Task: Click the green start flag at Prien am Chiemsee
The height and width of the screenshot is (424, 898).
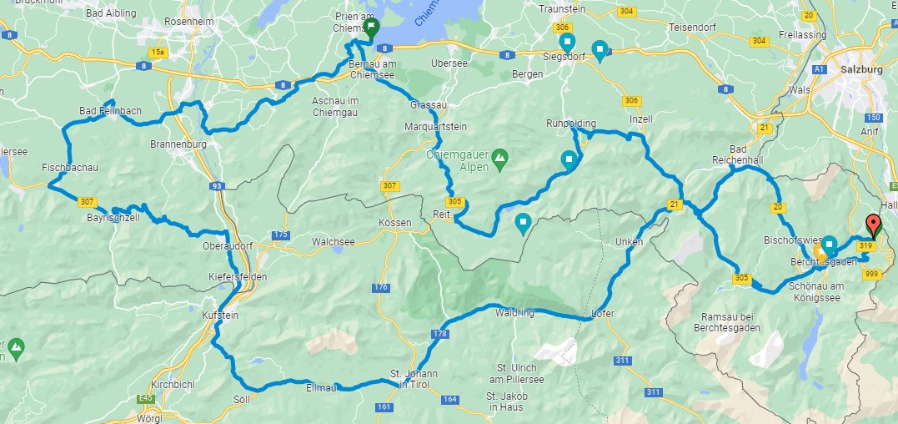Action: pyautogui.click(x=370, y=27)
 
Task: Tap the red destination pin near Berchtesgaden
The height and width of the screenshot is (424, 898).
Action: pyautogui.click(x=873, y=224)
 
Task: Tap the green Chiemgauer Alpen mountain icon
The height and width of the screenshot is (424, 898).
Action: pyautogui.click(x=499, y=155)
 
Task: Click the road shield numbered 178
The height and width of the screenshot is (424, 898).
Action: pyautogui.click(x=440, y=334)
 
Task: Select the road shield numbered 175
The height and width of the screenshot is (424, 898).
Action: pyautogui.click(x=280, y=236)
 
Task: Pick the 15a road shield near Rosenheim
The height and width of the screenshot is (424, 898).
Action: pyautogui.click(x=159, y=52)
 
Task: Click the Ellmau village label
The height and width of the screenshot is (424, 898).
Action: pyautogui.click(x=321, y=387)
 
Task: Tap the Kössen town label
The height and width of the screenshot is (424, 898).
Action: pyautogui.click(x=395, y=224)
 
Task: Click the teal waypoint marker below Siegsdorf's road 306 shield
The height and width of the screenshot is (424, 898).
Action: pyautogui.click(x=567, y=42)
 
